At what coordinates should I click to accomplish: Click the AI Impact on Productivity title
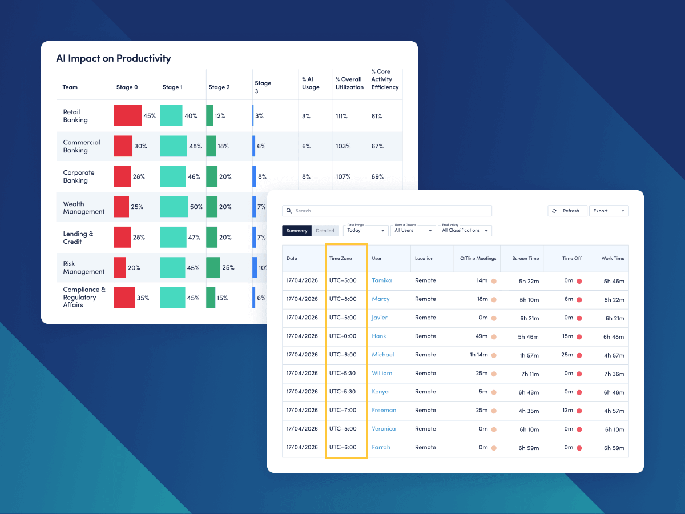pyautogui.click(x=113, y=58)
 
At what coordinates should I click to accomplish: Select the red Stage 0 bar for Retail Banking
pyautogui.click(x=127, y=116)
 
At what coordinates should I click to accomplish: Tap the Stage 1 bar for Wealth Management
pyautogui.click(x=174, y=207)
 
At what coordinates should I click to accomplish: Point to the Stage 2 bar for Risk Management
pyautogui.click(x=213, y=267)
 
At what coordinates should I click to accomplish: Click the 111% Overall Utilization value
pyautogui.click(x=342, y=116)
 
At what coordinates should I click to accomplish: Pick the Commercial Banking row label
pyautogui.click(x=82, y=146)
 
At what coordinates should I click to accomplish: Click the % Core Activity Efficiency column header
pyautogui.click(x=385, y=79)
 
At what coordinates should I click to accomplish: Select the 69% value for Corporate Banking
pyautogui.click(x=377, y=176)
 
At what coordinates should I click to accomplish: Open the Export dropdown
pyautogui.click(x=609, y=211)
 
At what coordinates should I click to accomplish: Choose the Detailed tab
pyautogui.click(x=325, y=231)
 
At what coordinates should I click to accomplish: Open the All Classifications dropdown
pyautogui.click(x=465, y=231)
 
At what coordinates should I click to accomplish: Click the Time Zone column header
pyautogui.click(x=341, y=258)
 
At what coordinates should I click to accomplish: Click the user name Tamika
pyautogui.click(x=381, y=280)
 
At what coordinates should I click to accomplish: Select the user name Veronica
pyautogui.click(x=384, y=429)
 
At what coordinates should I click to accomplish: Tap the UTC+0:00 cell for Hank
pyautogui.click(x=342, y=336)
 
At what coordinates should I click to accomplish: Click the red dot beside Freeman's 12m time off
pyautogui.click(x=579, y=410)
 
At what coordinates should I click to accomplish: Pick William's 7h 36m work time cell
pyautogui.click(x=614, y=374)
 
